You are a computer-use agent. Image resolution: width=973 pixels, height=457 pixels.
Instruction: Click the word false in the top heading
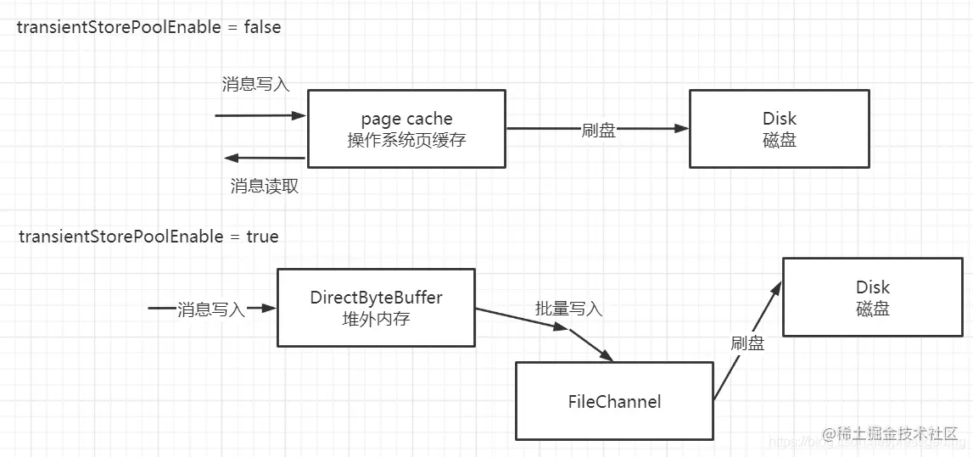[x=262, y=27]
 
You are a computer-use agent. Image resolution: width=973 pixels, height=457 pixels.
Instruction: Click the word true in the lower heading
[x=262, y=236]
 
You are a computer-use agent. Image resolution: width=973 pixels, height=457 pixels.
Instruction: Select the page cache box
[x=405, y=129]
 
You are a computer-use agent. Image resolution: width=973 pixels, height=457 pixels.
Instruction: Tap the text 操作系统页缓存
[x=406, y=140]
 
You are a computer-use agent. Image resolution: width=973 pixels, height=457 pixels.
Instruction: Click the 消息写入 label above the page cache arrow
[x=256, y=84]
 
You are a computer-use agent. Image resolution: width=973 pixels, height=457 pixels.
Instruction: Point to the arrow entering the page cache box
[x=260, y=115]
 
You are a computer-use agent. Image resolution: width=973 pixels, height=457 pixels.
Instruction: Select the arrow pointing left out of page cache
[x=264, y=158]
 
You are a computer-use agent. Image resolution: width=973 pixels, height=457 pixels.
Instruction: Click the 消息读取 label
[x=265, y=187]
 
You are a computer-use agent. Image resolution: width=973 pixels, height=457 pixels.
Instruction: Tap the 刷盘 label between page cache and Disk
[x=598, y=130]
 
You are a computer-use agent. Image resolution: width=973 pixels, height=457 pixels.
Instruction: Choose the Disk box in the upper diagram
[x=779, y=129]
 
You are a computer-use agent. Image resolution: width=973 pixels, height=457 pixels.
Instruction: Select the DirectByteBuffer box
[x=376, y=308]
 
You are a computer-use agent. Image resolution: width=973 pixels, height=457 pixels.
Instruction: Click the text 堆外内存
[x=376, y=319]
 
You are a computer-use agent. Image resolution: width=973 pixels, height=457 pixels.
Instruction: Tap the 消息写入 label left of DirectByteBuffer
[x=211, y=309]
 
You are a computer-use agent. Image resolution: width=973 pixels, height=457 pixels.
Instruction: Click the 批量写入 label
[x=568, y=309]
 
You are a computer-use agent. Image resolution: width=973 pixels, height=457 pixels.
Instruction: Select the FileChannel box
[x=614, y=401]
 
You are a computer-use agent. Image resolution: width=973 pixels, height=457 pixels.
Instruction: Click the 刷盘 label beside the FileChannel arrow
[x=747, y=343]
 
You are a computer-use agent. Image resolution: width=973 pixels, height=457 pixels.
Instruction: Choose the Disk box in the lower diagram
[x=872, y=298]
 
